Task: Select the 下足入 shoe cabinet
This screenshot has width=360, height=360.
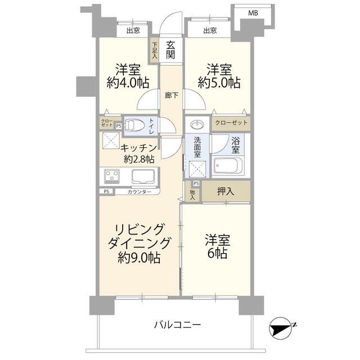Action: click(x=155, y=50)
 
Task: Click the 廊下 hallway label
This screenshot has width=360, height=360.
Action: click(x=172, y=96)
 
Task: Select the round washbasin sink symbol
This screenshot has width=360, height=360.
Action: click(x=197, y=124)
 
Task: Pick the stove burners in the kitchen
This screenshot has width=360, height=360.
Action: click(x=112, y=177)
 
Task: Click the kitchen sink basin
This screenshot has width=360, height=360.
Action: click(x=143, y=177)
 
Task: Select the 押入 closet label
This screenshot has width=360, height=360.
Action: click(x=226, y=191)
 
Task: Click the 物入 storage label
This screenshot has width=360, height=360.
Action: click(x=192, y=194)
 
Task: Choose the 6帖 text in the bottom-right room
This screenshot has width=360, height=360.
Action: click(x=217, y=253)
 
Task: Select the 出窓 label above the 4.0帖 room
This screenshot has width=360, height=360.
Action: click(x=133, y=30)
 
